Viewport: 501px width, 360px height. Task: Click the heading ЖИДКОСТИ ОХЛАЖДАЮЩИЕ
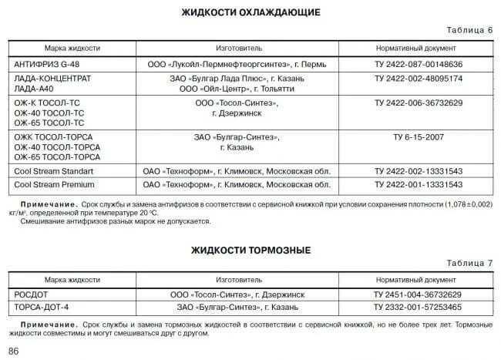(250, 12)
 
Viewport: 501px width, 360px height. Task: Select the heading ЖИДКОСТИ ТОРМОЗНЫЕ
(250, 251)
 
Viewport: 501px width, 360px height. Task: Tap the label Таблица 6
(467, 30)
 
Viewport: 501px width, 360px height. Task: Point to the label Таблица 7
(467, 264)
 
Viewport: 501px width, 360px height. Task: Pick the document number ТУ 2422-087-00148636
(418, 64)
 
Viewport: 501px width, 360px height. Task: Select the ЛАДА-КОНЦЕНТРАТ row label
(52, 79)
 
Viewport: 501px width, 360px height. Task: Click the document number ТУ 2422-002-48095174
(418, 79)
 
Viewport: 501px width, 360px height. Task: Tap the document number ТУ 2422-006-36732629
(418, 103)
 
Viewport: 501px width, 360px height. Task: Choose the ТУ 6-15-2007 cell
(418, 137)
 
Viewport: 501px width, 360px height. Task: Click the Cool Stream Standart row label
(53, 170)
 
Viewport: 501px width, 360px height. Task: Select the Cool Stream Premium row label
(53, 185)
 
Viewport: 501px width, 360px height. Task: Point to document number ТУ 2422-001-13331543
(418, 185)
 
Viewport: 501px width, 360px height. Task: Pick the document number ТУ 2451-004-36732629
(418, 294)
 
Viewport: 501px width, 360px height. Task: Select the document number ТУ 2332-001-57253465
(418, 307)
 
